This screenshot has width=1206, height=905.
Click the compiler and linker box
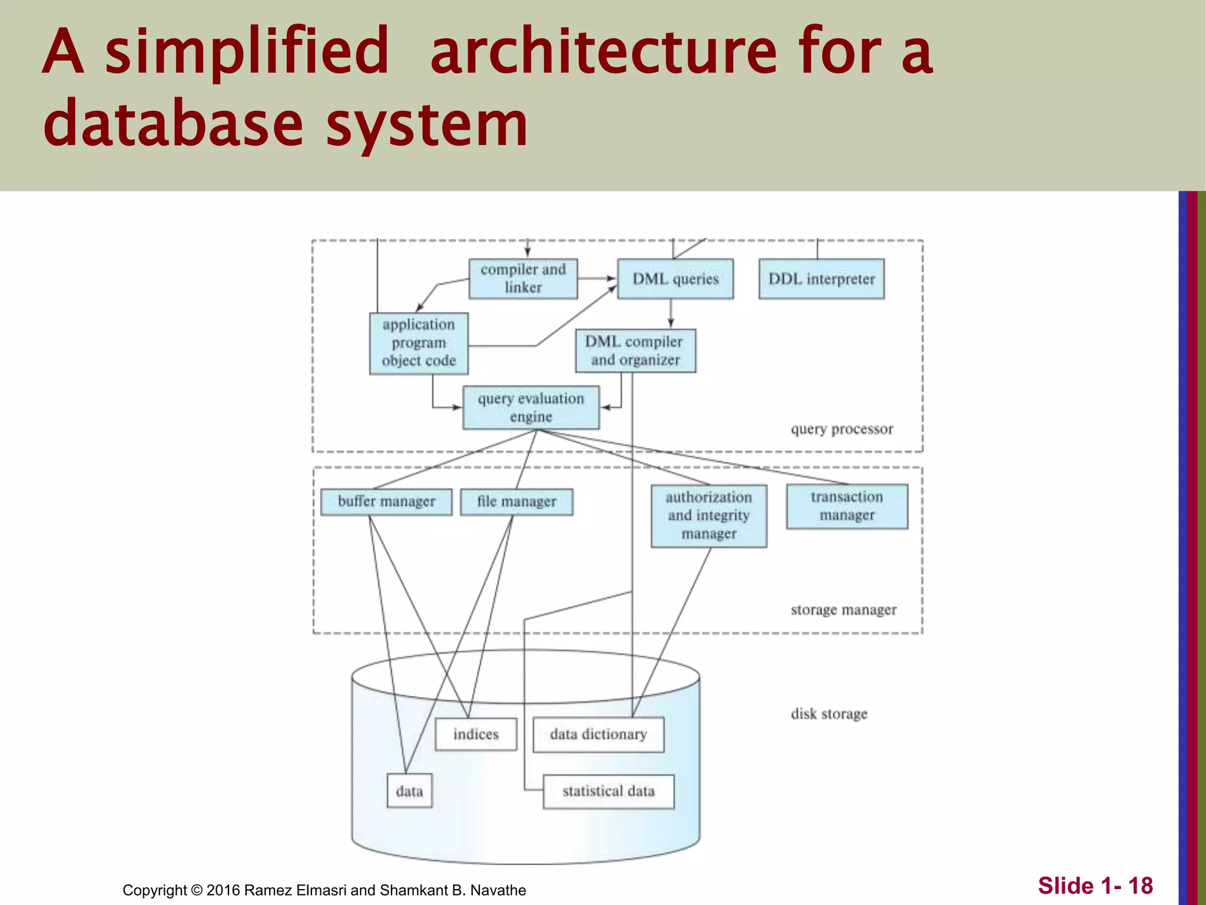coord(523,279)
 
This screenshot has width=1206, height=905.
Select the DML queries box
coord(675,279)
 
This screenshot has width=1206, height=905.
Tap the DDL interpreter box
coord(821,279)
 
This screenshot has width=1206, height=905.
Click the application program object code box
coord(419,343)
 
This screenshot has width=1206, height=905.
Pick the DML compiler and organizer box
coord(635,351)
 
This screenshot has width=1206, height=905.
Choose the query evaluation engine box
coord(531,407)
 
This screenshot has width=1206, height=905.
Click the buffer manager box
coord(386,501)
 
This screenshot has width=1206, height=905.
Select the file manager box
coord(516,501)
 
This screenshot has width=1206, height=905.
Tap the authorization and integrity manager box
coord(709,516)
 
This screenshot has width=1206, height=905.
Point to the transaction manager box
coord(847,506)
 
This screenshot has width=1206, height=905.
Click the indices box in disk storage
coord(476,734)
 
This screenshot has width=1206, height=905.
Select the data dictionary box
coord(598,734)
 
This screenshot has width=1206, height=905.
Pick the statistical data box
coord(608,791)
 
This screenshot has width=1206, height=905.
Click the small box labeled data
coord(409,791)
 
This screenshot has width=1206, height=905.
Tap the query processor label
coord(841,429)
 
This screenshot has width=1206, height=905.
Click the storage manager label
coord(843,610)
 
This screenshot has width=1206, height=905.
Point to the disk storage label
coord(829,714)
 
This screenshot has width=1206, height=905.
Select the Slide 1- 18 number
coord(1095,886)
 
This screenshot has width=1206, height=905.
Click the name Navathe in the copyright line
coord(498,890)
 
